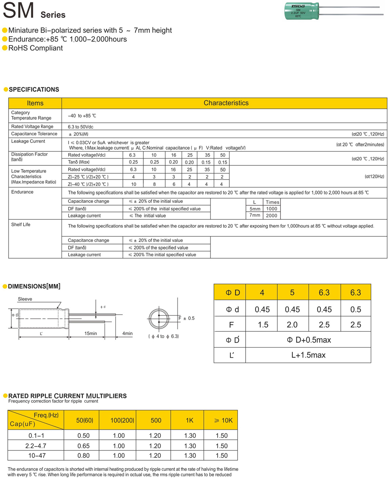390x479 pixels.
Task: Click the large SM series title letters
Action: [18, 10]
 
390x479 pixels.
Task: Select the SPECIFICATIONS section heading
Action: [34, 90]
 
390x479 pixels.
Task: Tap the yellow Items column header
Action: [35, 103]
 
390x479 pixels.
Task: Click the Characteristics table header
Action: [226, 103]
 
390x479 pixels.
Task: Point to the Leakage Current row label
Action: [28, 141]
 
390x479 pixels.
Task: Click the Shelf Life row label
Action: [21, 225]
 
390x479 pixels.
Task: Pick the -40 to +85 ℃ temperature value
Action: [82, 116]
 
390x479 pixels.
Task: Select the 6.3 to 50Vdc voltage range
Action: [80, 127]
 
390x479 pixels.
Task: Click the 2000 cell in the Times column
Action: [271, 216]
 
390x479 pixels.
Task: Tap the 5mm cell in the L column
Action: [255, 209]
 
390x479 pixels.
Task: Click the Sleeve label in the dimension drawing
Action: [25, 299]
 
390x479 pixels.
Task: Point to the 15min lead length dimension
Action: [91, 333]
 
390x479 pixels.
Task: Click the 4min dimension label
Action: [127, 333]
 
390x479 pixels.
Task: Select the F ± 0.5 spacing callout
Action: [187, 318]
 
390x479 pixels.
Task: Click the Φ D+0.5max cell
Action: [308, 340]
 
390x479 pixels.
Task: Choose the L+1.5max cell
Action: [308, 355]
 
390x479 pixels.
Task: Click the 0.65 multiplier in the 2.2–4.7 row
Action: [83, 446]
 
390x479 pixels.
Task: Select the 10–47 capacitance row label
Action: [37, 456]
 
